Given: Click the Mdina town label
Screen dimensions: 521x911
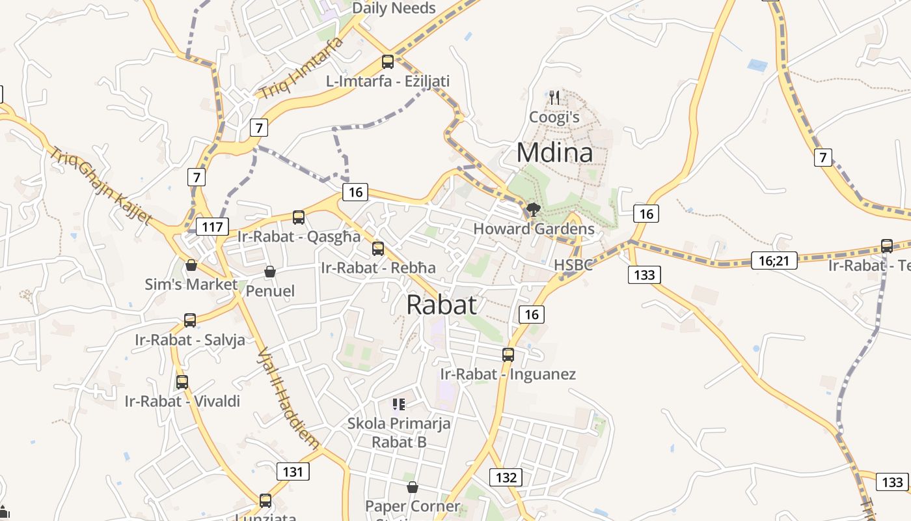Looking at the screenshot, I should click(x=554, y=153).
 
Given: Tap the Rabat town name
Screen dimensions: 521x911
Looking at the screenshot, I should click(x=442, y=305).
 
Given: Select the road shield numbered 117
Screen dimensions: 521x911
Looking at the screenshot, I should click(x=212, y=227).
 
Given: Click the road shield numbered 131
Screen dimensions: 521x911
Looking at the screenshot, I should click(x=293, y=472).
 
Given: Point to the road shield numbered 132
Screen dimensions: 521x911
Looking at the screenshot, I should click(x=506, y=477).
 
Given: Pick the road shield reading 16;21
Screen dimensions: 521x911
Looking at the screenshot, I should click(x=774, y=260).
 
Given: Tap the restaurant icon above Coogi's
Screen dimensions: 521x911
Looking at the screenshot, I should click(x=554, y=98).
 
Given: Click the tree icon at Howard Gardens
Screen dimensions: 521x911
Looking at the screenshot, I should click(x=534, y=209).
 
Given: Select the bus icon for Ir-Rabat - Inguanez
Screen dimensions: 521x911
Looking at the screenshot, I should click(x=508, y=355).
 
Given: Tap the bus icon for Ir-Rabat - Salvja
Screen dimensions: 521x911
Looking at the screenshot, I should click(x=190, y=320).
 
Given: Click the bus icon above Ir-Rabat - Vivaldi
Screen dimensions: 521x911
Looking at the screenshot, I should click(x=182, y=382).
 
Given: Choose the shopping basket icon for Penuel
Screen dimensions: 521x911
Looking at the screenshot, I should click(x=270, y=272).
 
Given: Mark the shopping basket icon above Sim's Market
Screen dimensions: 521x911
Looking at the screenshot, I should click(x=191, y=265).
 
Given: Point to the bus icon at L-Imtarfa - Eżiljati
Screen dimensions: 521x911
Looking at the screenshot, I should click(x=388, y=62).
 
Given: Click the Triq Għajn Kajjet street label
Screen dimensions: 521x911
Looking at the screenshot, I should click(x=101, y=186).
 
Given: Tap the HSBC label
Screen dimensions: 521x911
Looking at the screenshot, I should click(x=573, y=265).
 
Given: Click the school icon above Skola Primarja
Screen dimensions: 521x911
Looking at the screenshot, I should click(x=399, y=404).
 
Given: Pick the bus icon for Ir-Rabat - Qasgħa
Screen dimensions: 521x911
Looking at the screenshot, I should click(x=299, y=218).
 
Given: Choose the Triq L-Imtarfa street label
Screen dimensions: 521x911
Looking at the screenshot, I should click(x=301, y=68).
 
